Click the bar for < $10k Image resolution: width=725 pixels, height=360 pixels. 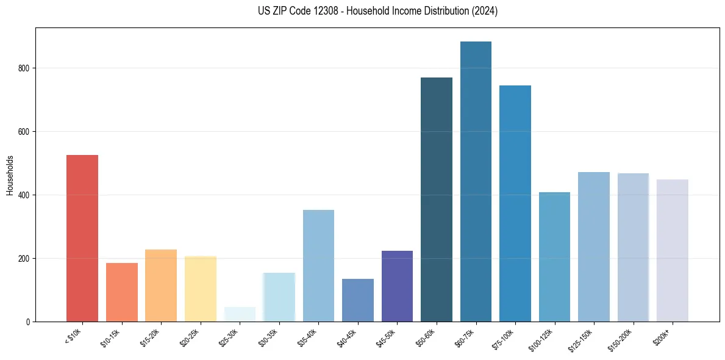click(82, 238)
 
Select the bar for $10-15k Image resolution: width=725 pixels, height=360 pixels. click(122, 292)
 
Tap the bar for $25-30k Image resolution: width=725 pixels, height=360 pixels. click(240, 314)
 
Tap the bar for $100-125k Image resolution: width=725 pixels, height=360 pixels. click(554, 257)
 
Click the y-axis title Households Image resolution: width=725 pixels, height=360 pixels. click(10, 175)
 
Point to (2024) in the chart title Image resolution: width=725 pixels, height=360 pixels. click(485, 11)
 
